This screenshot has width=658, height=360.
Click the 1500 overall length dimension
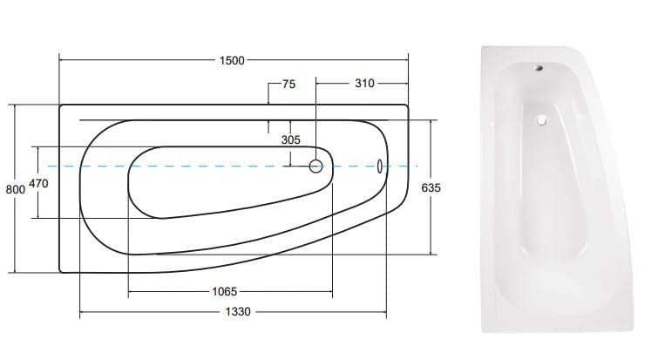coord(232,60)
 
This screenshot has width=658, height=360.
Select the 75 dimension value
coord(288,85)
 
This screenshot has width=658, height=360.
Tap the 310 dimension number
coord(364,84)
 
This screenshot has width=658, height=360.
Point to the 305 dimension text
coord(291,139)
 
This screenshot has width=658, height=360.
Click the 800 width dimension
coord(16,190)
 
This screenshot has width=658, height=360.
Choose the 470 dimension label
coord(38,183)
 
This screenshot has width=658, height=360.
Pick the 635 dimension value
coord(431,188)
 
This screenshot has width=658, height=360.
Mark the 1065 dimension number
coord(225,291)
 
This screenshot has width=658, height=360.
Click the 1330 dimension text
coord(238,312)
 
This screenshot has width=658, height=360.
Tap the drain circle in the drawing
coord(316,166)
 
